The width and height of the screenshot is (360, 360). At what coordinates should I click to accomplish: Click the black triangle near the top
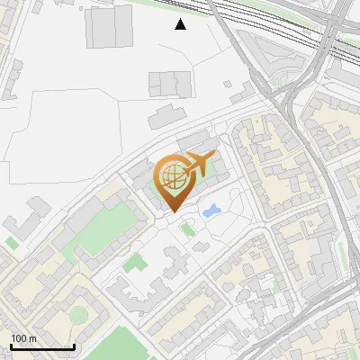click(181, 24)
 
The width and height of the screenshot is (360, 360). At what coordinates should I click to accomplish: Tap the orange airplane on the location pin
click(197, 164)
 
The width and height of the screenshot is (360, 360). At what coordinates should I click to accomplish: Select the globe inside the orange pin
click(172, 176)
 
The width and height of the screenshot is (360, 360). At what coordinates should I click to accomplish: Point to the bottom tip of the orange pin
click(173, 211)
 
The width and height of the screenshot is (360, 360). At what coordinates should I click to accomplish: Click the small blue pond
click(211, 212)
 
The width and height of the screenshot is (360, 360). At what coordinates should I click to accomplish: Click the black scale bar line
click(41, 346)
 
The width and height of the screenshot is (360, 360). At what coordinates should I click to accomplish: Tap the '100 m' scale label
click(23, 338)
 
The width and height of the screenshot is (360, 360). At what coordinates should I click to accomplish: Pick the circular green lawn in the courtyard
click(79, 314)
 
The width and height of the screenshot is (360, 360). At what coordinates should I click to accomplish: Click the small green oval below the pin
click(186, 229)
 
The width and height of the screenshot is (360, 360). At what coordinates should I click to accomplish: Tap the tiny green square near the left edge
click(11, 242)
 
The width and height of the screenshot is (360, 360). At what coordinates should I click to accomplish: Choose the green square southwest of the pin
click(135, 264)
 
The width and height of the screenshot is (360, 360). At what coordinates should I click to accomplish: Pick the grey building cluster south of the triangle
click(170, 84)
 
